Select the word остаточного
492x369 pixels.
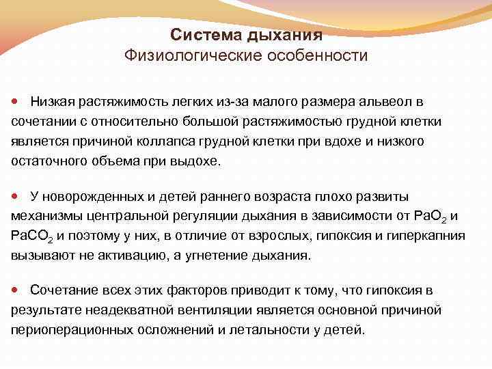(x=44, y=161)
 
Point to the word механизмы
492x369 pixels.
(x=44, y=217)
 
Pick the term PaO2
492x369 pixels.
(x=431, y=217)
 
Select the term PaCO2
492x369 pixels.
(x=31, y=237)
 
